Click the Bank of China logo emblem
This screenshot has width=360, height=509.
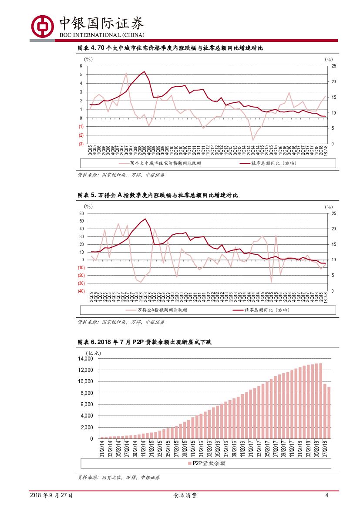pyautogui.click(x=42, y=26)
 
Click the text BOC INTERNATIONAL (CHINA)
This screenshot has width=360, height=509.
pyautogui.click(x=101, y=35)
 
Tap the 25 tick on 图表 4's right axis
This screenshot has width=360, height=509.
pyautogui.click(x=333, y=66)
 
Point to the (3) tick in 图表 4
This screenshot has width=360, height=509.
pyautogui.click(x=81, y=144)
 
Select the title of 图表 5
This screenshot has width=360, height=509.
pyautogui.click(x=158, y=196)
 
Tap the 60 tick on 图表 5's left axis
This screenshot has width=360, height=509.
pyautogui.click(x=81, y=213)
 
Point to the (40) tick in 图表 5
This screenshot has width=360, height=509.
pyautogui.click(x=81, y=291)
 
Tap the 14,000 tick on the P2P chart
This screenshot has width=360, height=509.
pyautogui.click(x=85, y=359)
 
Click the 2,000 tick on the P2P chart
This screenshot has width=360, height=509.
pyautogui.click(x=87, y=427)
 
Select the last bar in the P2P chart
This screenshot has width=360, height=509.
pyautogui.click(x=329, y=412)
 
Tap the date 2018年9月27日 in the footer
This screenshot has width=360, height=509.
pyautogui.click(x=51, y=496)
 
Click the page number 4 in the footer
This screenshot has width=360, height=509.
pyautogui.click(x=326, y=496)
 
